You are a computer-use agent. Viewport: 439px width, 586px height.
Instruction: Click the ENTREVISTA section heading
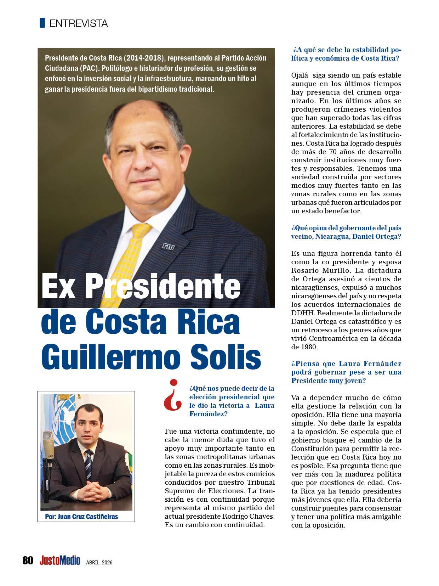(79, 24)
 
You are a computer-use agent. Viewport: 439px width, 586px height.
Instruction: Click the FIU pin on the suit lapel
(169, 246)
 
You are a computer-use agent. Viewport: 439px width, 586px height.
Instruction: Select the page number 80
(28, 560)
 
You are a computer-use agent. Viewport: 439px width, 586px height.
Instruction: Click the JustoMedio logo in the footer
(60, 560)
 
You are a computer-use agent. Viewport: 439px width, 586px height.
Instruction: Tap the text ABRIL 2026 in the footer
(99, 562)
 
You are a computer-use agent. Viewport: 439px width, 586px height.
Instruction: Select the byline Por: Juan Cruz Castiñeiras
(81, 517)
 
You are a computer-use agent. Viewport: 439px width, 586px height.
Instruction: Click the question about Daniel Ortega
(346, 232)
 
